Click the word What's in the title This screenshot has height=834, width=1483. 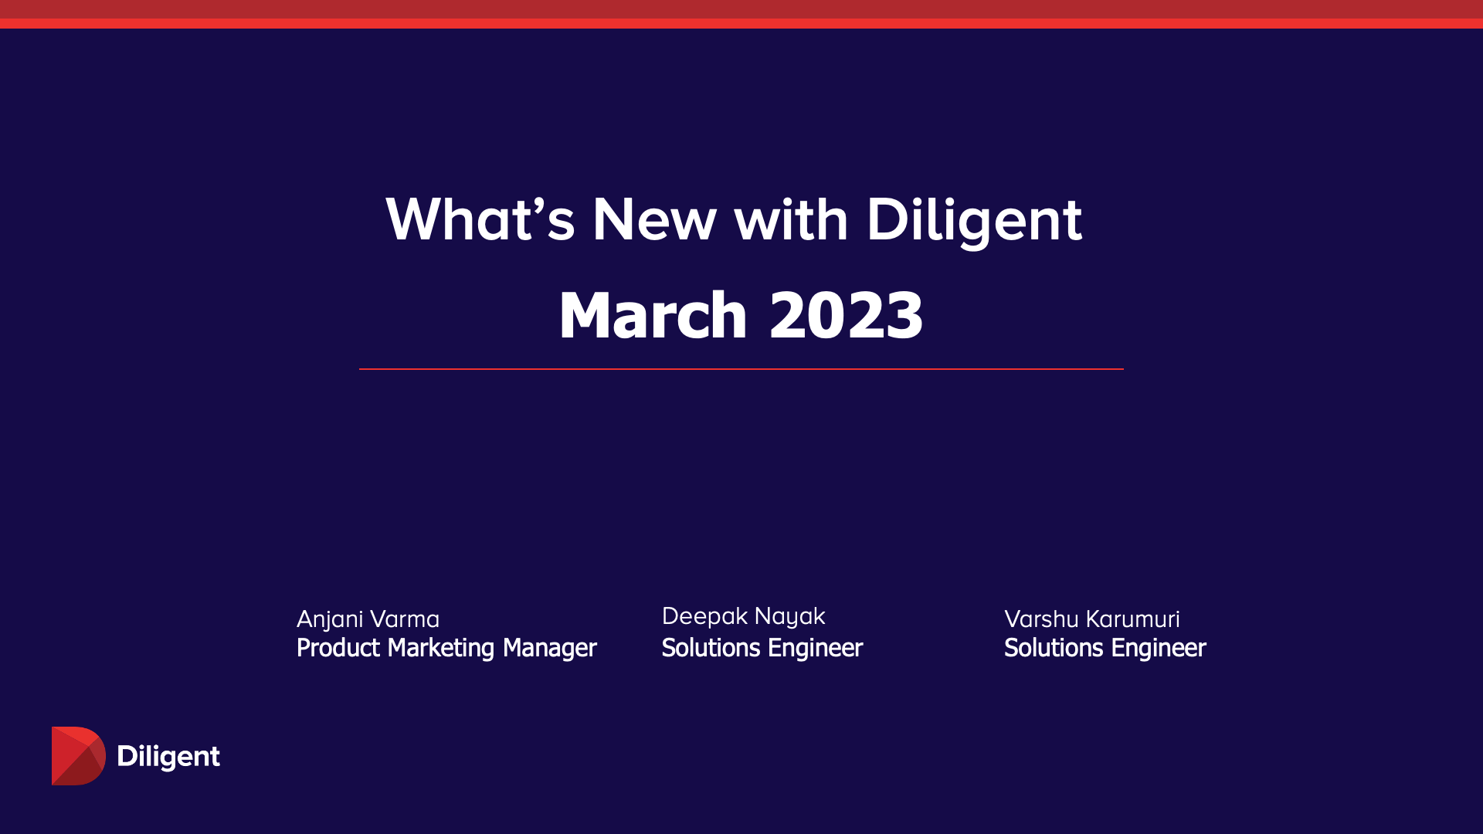click(480, 220)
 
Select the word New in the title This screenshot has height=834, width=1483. click(654, 220)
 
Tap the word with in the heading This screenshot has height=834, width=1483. click(791, 220)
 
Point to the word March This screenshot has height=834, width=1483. click(653, 315)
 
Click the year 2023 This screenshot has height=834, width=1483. click(846, 315)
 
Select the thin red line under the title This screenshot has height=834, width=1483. click(741, 369)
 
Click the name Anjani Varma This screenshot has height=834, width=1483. click(368, 619)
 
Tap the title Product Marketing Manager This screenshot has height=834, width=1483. click(446, 648)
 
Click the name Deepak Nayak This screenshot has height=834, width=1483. click(743, 616)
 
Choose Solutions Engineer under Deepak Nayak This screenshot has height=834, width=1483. click(762, 648)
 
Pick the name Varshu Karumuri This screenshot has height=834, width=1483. click(1091, 619)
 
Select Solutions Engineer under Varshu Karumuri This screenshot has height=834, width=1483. click(1105, 648)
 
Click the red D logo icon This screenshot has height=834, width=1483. click(77, 756)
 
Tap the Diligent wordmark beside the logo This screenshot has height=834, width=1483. click(168, 756)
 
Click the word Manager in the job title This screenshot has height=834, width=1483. click(549, 648)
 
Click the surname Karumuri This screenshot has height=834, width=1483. click(1132, 619)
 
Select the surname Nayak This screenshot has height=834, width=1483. click(789, 616)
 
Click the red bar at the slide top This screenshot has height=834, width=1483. click(741, 14)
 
